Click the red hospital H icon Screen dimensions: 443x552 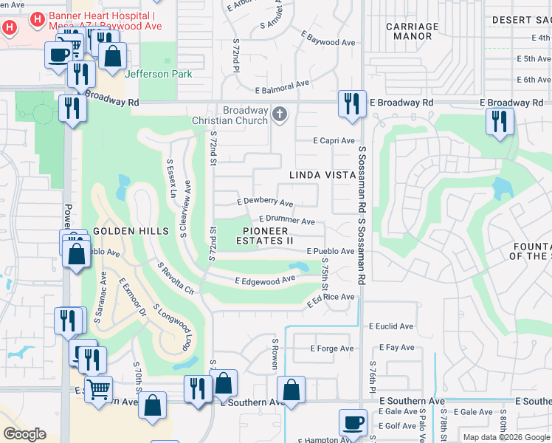click(10, 28)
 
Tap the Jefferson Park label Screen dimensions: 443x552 click(159, 74)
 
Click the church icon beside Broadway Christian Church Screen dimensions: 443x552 click(279, 114)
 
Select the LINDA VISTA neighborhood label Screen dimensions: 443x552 click(322, 174)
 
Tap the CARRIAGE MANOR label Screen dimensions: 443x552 click(412, 30)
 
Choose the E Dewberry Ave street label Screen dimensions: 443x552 click(265, 202)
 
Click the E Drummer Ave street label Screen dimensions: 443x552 click(287, 221)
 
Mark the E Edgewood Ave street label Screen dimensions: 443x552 click(265, 280)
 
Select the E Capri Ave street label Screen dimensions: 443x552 click(334, 140)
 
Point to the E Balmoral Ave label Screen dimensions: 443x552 click(282, 88)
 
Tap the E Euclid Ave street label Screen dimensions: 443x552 click(395, 326)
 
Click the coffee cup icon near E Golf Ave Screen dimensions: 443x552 click(353, 422)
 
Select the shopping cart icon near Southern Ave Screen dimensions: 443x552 click(98, 388)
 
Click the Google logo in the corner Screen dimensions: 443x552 click(25, 433)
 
